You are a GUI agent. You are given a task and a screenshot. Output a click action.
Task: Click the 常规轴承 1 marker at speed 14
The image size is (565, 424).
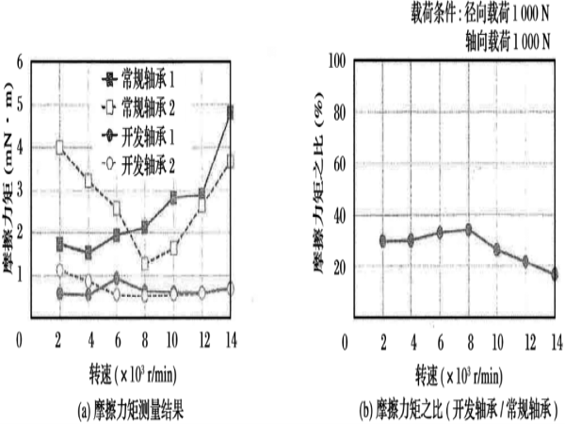coord(232,113)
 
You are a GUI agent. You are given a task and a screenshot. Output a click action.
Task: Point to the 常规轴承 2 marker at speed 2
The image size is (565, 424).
coord(60,148)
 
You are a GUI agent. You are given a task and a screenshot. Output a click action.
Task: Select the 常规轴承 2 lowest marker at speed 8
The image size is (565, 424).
coord(145,264)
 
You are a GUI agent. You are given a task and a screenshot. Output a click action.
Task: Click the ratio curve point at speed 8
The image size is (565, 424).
coord(468,229)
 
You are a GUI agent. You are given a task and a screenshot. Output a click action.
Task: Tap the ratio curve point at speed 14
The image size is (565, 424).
coord(555,274)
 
